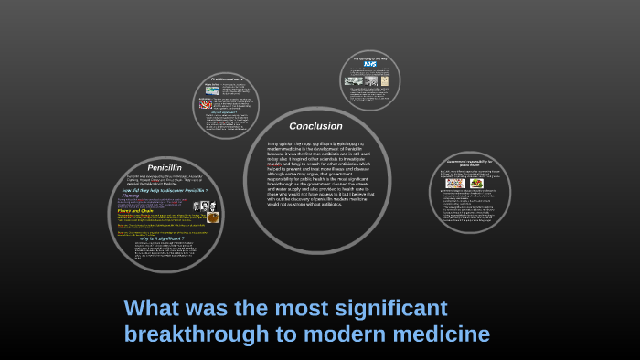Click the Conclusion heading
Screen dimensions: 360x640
[x=315, y=126]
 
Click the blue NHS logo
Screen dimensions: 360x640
[x=369, y=65]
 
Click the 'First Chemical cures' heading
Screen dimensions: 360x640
[x=225, y=80]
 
